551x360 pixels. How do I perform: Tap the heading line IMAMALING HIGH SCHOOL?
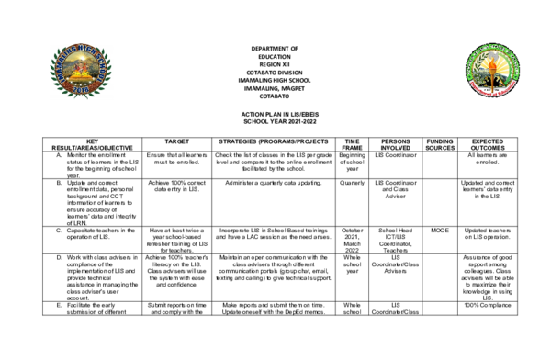point(274,80)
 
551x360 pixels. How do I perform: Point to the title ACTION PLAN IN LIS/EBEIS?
point(274,112)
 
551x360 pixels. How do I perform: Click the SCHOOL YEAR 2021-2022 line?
point(274,120)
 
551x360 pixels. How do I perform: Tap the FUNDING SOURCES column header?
point(441,143)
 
